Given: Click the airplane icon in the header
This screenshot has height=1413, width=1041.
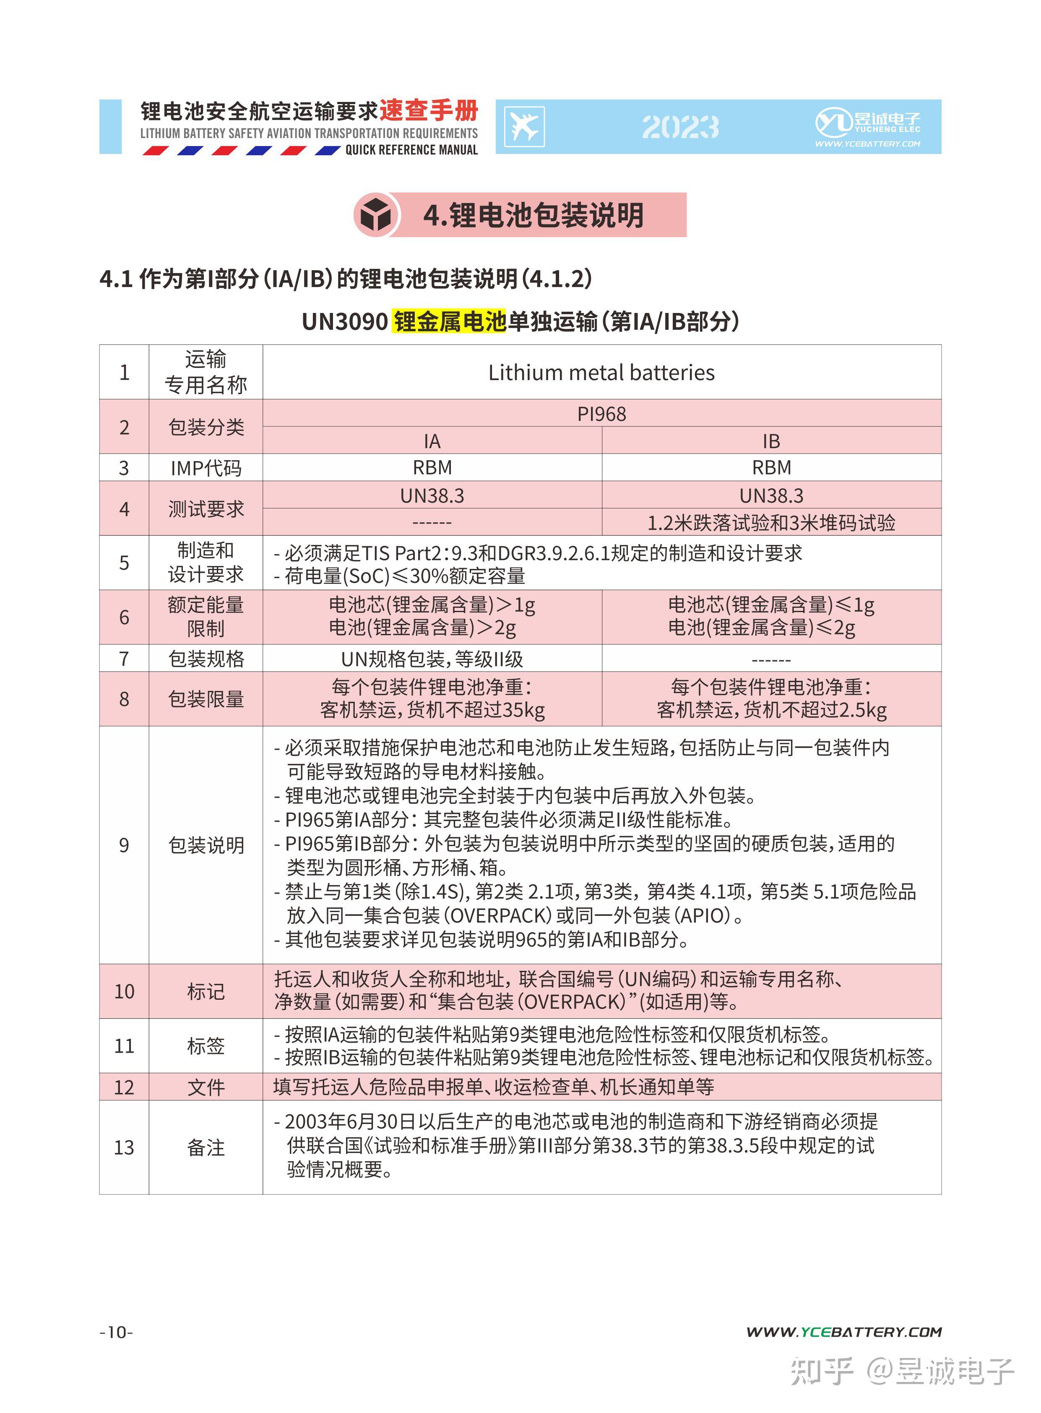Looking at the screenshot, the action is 524,127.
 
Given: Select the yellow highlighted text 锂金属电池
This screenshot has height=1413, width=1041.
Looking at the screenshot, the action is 449,321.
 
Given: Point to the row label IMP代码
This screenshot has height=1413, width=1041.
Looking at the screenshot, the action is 206,468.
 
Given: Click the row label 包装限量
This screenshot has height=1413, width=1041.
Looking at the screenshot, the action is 206,699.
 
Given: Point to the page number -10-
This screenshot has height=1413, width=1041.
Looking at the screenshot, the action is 117,1332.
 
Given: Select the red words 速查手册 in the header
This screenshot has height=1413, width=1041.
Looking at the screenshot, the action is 429,111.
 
